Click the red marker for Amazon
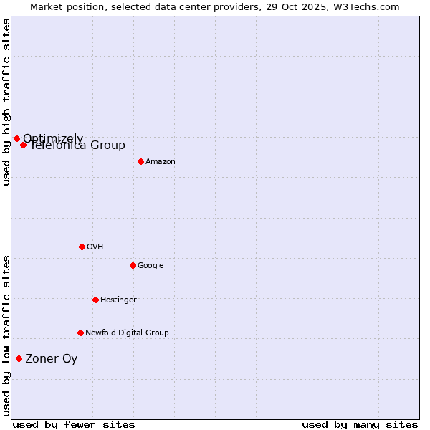pyautogui.click(x=140, y=161)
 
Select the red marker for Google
pyautogui.click(x=133, y=265)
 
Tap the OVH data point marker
pyautogui.click(x=82, y=247)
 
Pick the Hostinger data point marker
pyautogui.click(x=95, y=300)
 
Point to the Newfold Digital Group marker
pyautogui.click(x=80, y=333)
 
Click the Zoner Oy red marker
pyautogui.click(x=19, y=358)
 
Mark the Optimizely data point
pyautogui.click(x=16, y=138)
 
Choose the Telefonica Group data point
pyautogui.click(x=23, y=145)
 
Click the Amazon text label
pyautogui.click(x=160, y=162)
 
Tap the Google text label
pyautogui.click(x=150, y=266)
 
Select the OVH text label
pyautogui.click(x=95, y=247)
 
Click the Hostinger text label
pyautogui.click(x=118, y=300)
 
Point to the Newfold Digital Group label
pyautogui.click(x=127, y=333)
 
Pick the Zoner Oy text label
pyautogui.click(x=51, y=359)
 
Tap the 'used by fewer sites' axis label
pyautogui.click(x=73, y=424)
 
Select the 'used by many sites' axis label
pyautogui.click(x=360, y=424)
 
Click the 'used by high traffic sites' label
pyautogui.click(x=6, y=102)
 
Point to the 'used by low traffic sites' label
pyautogui.click(x=6, y=335)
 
